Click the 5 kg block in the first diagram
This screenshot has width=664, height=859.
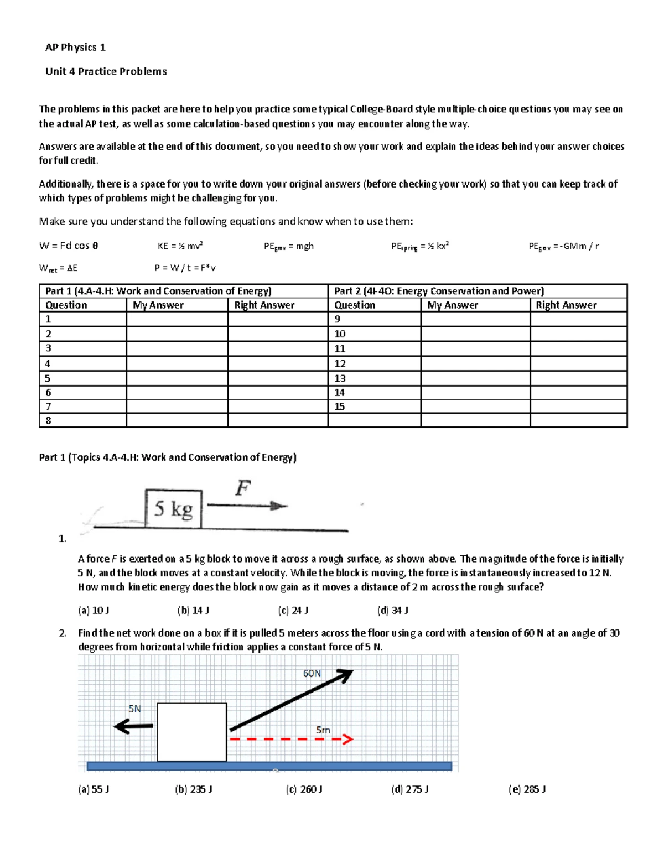pos(173,508)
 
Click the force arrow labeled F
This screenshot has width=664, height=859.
pos(247,506)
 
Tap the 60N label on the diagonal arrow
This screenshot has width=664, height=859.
pos(312,673)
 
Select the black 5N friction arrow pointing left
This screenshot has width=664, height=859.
pos(133,726)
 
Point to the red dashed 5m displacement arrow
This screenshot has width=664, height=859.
pos(291,740)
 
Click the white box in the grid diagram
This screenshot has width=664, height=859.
pos(191,732)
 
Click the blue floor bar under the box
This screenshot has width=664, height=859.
pos(269,766)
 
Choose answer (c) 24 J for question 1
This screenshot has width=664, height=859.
pos(293,610)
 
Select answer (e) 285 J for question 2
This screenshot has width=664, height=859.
pos(527,789)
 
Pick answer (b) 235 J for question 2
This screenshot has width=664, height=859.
pos(194,789)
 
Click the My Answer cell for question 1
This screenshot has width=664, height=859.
pos(177,319)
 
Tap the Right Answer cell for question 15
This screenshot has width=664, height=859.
pos(578,407)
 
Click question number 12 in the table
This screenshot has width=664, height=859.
pos(340,363)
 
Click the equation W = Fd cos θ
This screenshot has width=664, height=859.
pos(69,246)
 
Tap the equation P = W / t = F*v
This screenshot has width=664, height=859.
pos(185,268)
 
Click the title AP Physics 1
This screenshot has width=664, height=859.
pos(75,48)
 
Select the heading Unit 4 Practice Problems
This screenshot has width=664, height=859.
pos(106,71)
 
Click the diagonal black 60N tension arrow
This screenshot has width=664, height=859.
pos(291,700)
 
